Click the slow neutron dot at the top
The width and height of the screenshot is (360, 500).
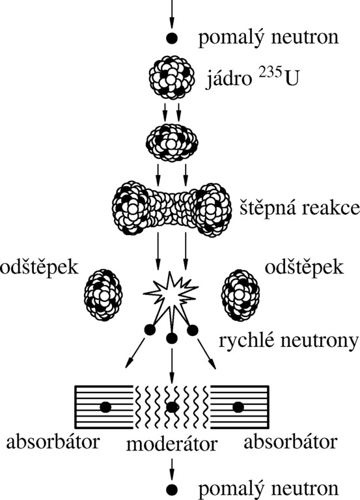pos(172,38)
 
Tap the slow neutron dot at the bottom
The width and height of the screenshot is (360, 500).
pos(172,488)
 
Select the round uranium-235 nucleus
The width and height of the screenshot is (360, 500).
pos(172,77)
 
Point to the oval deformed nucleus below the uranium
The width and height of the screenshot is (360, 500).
pos(172,143)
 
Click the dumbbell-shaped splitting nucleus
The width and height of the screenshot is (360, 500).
pos(172,208)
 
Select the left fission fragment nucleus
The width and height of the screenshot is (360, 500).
pos(104,294)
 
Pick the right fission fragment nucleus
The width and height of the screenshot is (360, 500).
pos(240,294)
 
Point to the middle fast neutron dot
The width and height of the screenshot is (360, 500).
pos(172,339)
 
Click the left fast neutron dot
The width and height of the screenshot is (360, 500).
pos(150,330)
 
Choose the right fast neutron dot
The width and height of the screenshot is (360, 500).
pos(192,330)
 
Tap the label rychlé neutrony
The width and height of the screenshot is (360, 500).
pos(288,340)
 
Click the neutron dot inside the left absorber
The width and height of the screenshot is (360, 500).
pos(105,407)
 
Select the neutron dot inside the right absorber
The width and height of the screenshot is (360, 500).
pos(238,407)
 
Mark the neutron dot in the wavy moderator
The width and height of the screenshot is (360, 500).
pos(172,407)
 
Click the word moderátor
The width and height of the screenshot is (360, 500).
pos(172,444)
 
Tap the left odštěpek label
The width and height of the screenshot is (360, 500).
pos(39,268)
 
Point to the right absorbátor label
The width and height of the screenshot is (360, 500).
pos(290,442)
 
